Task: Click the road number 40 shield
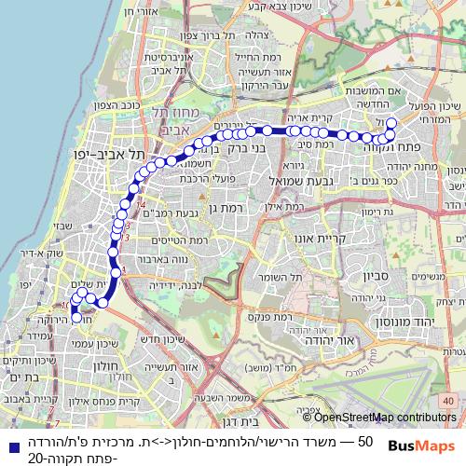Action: pos(449,400)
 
